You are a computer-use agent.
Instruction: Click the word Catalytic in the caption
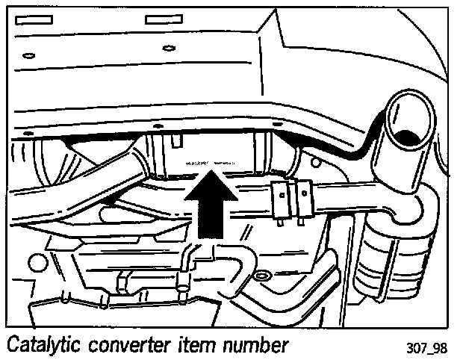coord(46,346)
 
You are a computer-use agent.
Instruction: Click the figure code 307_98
coord(428,348)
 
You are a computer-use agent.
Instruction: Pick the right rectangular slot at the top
coord(165,17)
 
